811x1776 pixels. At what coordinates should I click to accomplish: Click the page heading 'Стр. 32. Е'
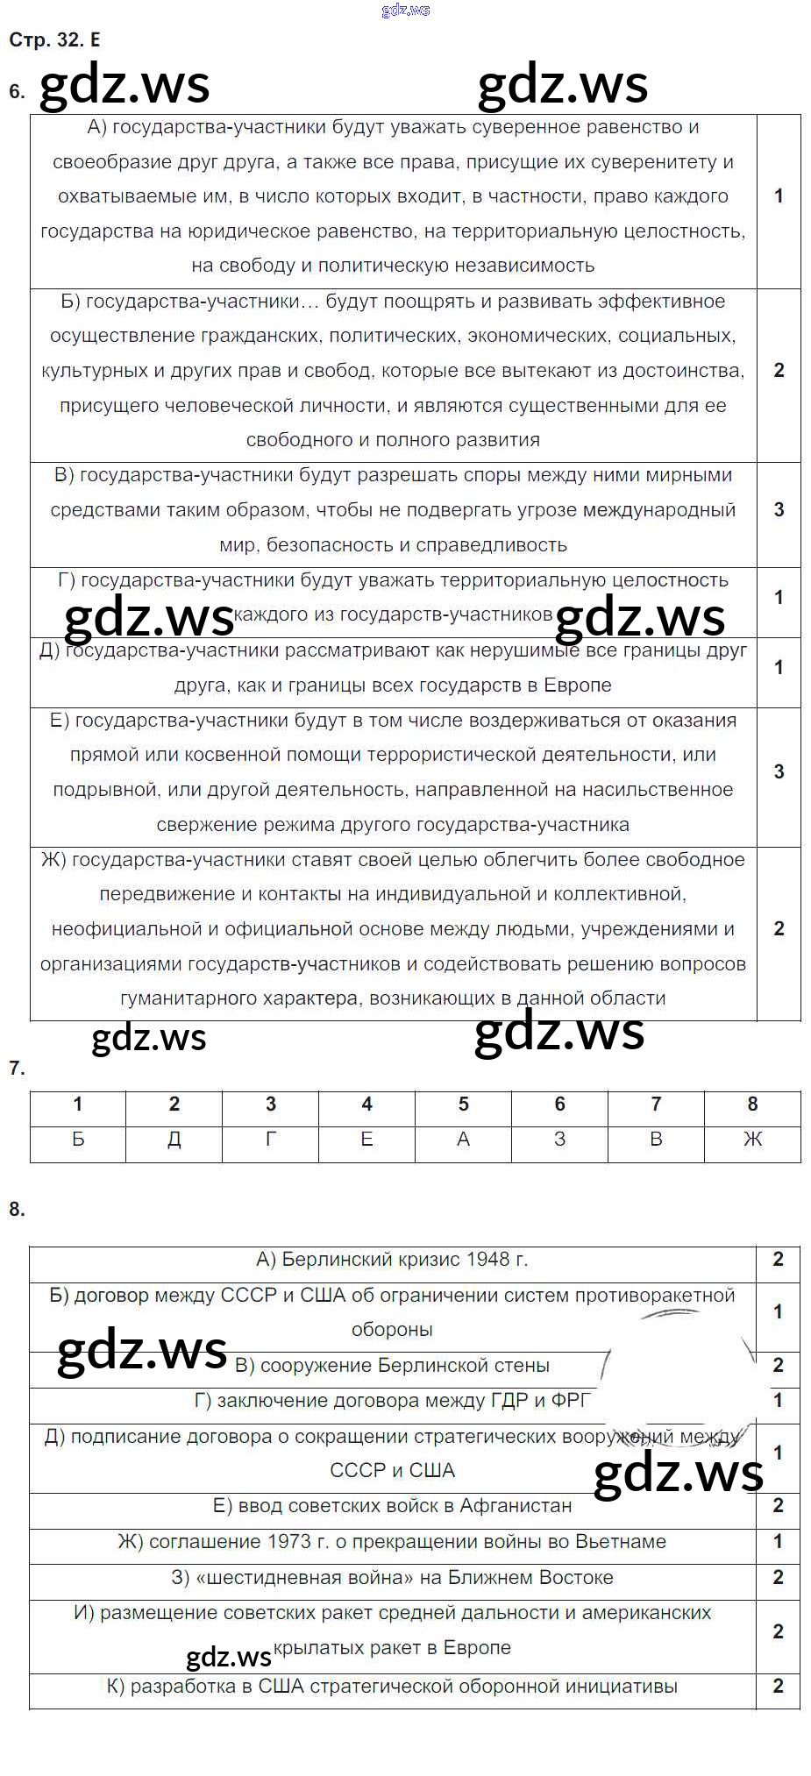tap(54, 39)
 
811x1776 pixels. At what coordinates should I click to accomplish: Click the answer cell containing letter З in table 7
tap(559, 1139)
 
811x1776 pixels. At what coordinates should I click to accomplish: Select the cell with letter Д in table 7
tap(174, 1139)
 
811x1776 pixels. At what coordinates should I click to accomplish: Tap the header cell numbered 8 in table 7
tap(752, 1104)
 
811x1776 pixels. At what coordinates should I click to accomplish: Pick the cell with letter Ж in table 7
tap(752, 1139)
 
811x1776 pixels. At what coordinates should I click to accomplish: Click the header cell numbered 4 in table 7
tap(366, 1104)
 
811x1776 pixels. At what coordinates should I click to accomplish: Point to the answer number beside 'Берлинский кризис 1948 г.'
tap(778, 1259)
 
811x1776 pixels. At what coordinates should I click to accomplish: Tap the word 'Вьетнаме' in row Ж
tap(621, 1541)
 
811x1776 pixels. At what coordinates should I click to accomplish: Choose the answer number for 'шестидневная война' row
tap(778, 1577)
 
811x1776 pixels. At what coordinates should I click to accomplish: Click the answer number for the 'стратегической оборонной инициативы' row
tap(778, 1686)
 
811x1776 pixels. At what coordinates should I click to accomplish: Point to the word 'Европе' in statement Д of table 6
tap(578, 685)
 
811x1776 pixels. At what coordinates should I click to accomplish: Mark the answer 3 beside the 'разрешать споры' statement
tap(779, 509)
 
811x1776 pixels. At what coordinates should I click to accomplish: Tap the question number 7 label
tap(17, 1068)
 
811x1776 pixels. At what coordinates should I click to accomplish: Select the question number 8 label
tap(17, 1209)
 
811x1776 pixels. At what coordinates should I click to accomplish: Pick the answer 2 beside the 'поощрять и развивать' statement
tap(779, 370)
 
